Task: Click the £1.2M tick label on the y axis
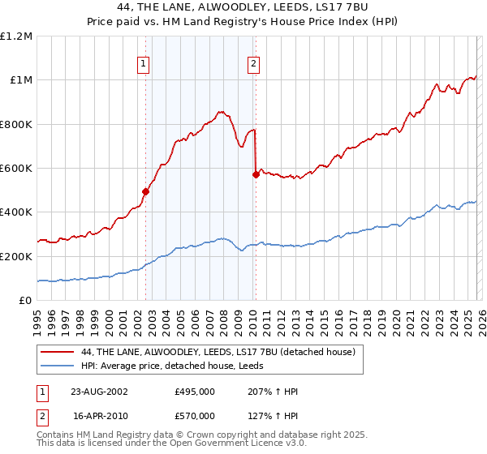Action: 16,36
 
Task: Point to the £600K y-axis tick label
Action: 16,169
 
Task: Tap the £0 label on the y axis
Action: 26,301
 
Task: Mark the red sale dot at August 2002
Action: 146,192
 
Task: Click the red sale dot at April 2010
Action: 256,174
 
